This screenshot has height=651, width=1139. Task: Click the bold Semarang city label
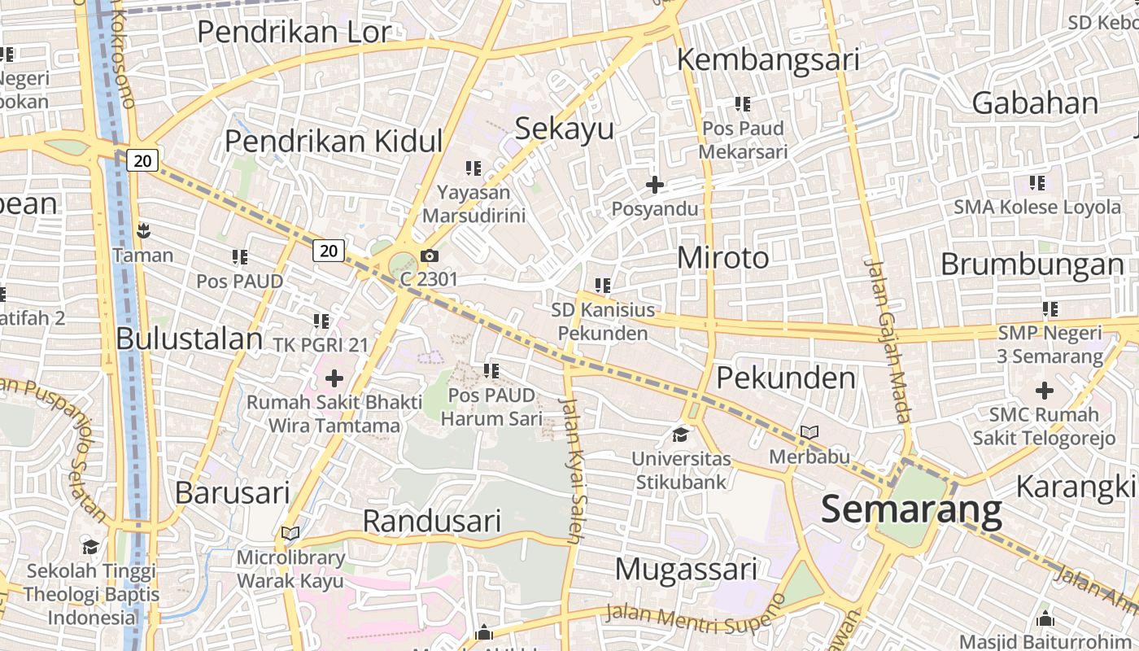click(911, 509)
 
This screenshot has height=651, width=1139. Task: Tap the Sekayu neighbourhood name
click(565, 129)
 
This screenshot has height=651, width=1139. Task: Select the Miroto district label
click(722, 258)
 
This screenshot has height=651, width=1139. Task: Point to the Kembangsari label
click(768, 59)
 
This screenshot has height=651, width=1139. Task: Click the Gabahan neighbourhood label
click(1035, 103)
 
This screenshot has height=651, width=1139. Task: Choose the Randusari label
click(431, 521)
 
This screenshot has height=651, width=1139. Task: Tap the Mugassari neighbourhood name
click(686, 569)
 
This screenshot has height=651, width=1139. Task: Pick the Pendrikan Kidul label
click(334, 141)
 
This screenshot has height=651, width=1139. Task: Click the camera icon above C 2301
click(430, 256)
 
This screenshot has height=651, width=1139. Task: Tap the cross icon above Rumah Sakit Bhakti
click(334, 378)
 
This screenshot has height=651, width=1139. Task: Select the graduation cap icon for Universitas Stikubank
click(680, 435)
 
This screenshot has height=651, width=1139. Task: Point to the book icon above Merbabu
click(809, 432)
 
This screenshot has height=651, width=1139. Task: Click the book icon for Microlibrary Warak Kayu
click(290, 534)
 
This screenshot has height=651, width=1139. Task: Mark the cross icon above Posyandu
click(654, 186)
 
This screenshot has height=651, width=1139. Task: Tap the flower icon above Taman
click(143, 231)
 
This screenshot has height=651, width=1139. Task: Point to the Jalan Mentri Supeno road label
click(696, 616)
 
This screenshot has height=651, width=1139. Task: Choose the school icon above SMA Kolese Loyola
click(1036, 183)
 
